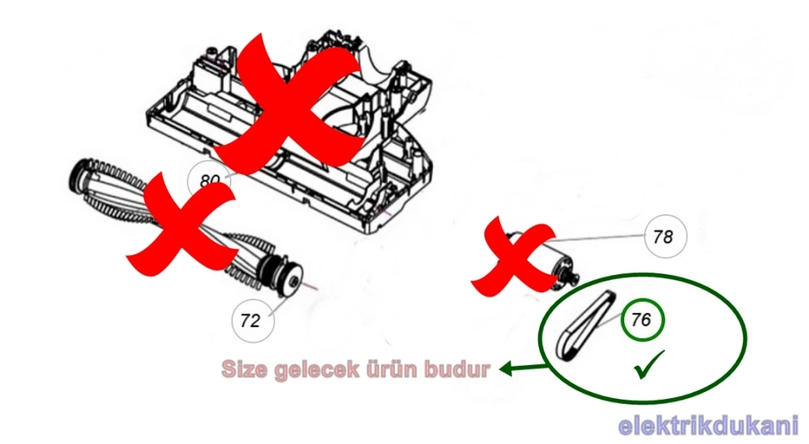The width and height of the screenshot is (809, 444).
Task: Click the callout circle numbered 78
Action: (665, 237)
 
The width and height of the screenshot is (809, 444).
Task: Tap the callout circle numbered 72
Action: (252, 321)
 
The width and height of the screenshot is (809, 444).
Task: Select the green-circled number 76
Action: (642, 320)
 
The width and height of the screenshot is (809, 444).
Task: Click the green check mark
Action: (649, 364)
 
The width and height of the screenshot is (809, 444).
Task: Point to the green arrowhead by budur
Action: (506, 368)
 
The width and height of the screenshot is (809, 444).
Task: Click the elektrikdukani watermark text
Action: (709, 426)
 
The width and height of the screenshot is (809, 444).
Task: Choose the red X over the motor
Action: (516, 258)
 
